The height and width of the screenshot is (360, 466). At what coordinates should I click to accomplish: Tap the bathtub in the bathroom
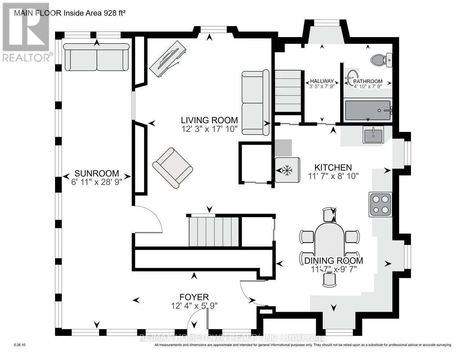coord(368,111)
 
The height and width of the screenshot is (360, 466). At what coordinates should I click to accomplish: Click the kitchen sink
coord(373,134)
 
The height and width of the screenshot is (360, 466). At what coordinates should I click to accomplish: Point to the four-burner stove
coord(380,204)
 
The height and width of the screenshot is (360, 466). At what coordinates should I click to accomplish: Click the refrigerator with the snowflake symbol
coord(287,170)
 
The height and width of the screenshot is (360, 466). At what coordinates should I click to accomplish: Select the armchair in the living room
coord(172,168)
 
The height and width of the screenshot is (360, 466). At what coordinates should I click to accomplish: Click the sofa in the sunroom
coord(97,57)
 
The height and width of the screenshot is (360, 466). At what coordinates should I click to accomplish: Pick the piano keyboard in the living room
coord(168,59)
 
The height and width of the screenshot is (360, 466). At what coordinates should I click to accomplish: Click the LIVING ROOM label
coord(209,120)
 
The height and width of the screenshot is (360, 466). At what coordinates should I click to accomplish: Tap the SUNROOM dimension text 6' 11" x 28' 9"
coord(97,182)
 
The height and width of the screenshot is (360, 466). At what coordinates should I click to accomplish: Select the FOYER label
coord(194,297)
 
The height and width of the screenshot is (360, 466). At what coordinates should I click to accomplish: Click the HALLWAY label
coord(322,81)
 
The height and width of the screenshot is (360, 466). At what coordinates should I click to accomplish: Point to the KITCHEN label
coord(333,167)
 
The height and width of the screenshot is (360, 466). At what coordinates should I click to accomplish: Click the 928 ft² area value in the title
coord(115,13)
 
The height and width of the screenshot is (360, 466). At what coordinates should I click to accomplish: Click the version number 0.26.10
coord(19,345)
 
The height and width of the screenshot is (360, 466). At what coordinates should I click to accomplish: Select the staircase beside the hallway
coord(288,91)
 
